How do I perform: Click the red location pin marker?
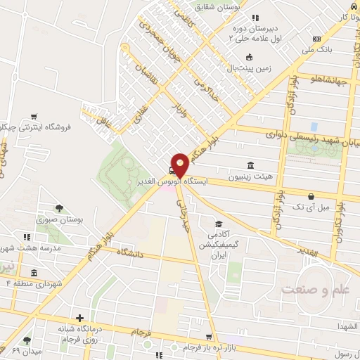[180, 164]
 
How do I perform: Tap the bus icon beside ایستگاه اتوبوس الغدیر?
[172, 169]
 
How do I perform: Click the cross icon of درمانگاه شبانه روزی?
[80, 319]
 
